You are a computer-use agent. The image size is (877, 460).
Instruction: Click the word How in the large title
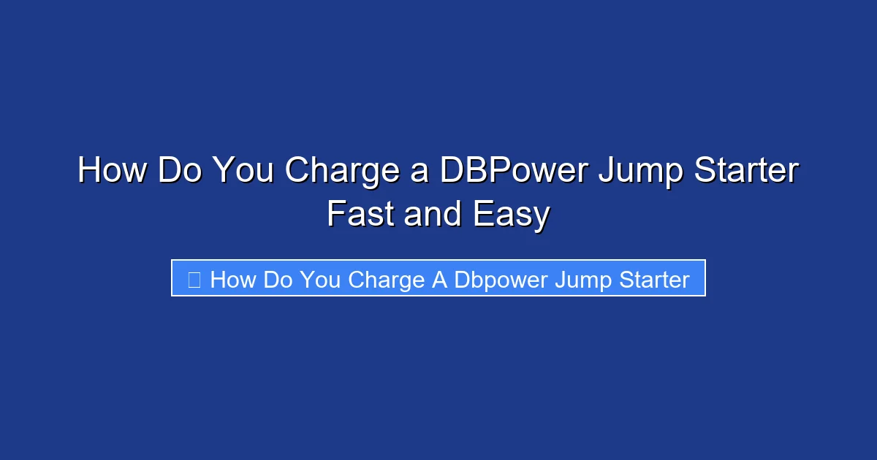click(111, 171)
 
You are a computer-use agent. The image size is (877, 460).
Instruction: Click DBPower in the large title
click(512, 171)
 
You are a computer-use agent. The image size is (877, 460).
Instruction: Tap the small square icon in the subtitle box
click(194, 279)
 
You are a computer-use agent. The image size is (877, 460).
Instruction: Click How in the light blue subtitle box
click(233, 280)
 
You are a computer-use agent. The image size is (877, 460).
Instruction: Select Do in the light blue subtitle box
click(278, 280)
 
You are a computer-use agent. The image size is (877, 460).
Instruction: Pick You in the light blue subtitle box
click(319, 280)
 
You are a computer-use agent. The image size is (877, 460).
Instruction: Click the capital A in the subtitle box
click(439, 280)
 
